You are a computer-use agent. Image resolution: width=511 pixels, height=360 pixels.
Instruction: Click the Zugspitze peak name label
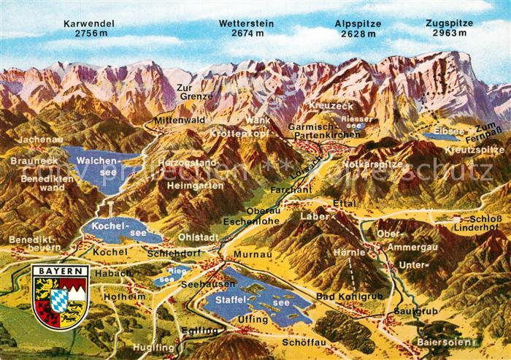pyautogui.click(x=449, y=23)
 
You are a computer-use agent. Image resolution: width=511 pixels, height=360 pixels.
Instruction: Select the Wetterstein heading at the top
pyautogui.click(x=247, y=23)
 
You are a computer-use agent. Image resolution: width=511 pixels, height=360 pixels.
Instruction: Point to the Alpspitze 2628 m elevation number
pyautogui.click(x=358, y=34)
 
